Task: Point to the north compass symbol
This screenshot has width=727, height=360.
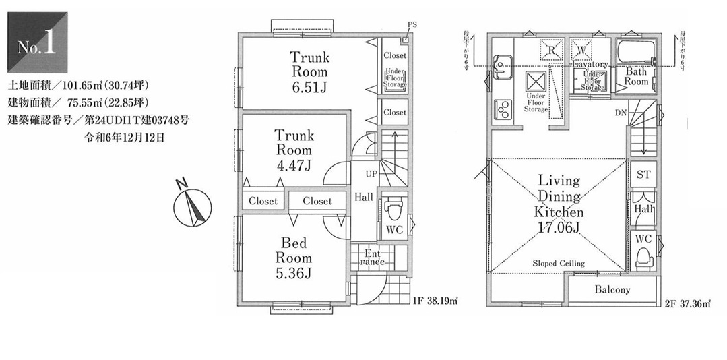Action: pyautogui.click(x=193, y=204)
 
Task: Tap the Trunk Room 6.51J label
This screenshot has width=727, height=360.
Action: pyautogui.click(x=309, y=71)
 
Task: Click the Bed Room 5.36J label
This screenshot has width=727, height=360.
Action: pyautogui.click(x=293, y=258)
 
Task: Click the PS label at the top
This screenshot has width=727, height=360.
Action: pyautogui.click(x=412, y=25)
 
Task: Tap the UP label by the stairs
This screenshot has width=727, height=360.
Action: pyautogui.click(x=371, y=174)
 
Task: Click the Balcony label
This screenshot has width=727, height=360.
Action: pyautogui.click(x=612, y=290)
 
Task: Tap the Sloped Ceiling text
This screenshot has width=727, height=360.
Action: pyautogui.click(x=559, y=263)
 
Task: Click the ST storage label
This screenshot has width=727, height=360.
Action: pyautogui.click(x=643, y=174)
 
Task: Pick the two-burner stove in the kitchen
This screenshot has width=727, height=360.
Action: pyautogui.click(x=503, y=107)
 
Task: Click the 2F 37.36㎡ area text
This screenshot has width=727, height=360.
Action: pyautogui.click(x=689, y=304)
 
